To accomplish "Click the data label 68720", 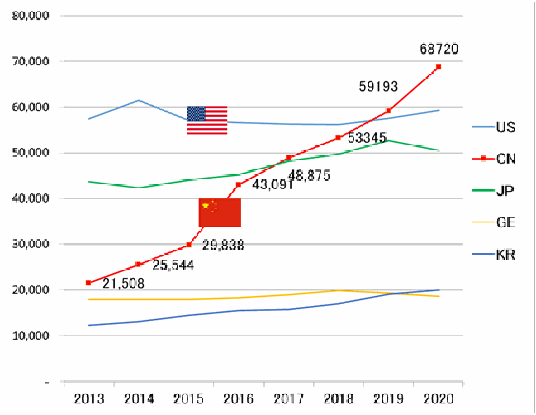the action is [x=439, y=50].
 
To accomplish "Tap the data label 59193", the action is [x=378, y=87].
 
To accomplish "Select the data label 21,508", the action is [x=123, y=284].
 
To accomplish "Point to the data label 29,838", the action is [x=223, y=246].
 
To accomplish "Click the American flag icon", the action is [x=206, y=120].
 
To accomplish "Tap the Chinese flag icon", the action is [x=221, y=212].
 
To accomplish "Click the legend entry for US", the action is [x=494, y=127].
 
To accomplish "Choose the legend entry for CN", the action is [x=494, y=159].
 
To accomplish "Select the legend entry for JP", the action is [x=493, y=191].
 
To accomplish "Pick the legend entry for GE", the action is [x=494, y=222].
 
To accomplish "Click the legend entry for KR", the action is [x=494, y=255].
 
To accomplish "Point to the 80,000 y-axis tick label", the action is [x=31, y=16].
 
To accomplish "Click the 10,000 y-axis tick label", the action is [x=31, y=336].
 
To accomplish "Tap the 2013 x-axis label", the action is [x=89, y=399].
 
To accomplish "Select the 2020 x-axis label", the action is [x=439, y=399].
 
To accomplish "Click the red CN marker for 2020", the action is [x=439, y=67].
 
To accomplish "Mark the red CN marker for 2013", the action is [x=88, y=283].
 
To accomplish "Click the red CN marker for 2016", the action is [x=239, y=184].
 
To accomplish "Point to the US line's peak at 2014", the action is [x=139, y=100].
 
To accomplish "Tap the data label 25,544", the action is [x=173, y=265].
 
